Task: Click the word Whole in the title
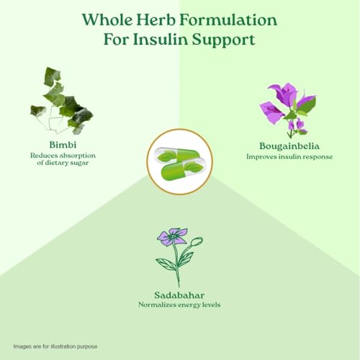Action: click(x=107, y=19)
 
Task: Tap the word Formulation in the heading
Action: click(x=228, y=19)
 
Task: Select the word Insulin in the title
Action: click(x=161, y=40)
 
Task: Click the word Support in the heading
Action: click(x=223, y=40)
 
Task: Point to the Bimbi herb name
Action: click(x=63, y=145)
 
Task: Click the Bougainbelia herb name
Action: click(x=289, y=146)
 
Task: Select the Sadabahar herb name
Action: click(x=179, y=295)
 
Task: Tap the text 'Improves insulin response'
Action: click(x=289, y=157)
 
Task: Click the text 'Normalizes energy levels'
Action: click(x=179, y=305)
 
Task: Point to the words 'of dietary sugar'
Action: click(x=63, y=163)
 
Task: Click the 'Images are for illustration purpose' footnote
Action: click(x=55, y=346)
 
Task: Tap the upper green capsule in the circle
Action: click(x=176, y=156)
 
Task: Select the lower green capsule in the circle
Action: click(x=184, y=169)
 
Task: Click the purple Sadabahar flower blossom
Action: click(x=172, y=237)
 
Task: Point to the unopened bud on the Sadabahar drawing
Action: click(x=197, y=241)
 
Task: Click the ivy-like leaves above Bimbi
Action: click(x=62, y=101)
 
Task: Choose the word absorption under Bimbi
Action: click(x=78, y=156)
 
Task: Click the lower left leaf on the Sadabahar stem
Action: click(x=166, y=264)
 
